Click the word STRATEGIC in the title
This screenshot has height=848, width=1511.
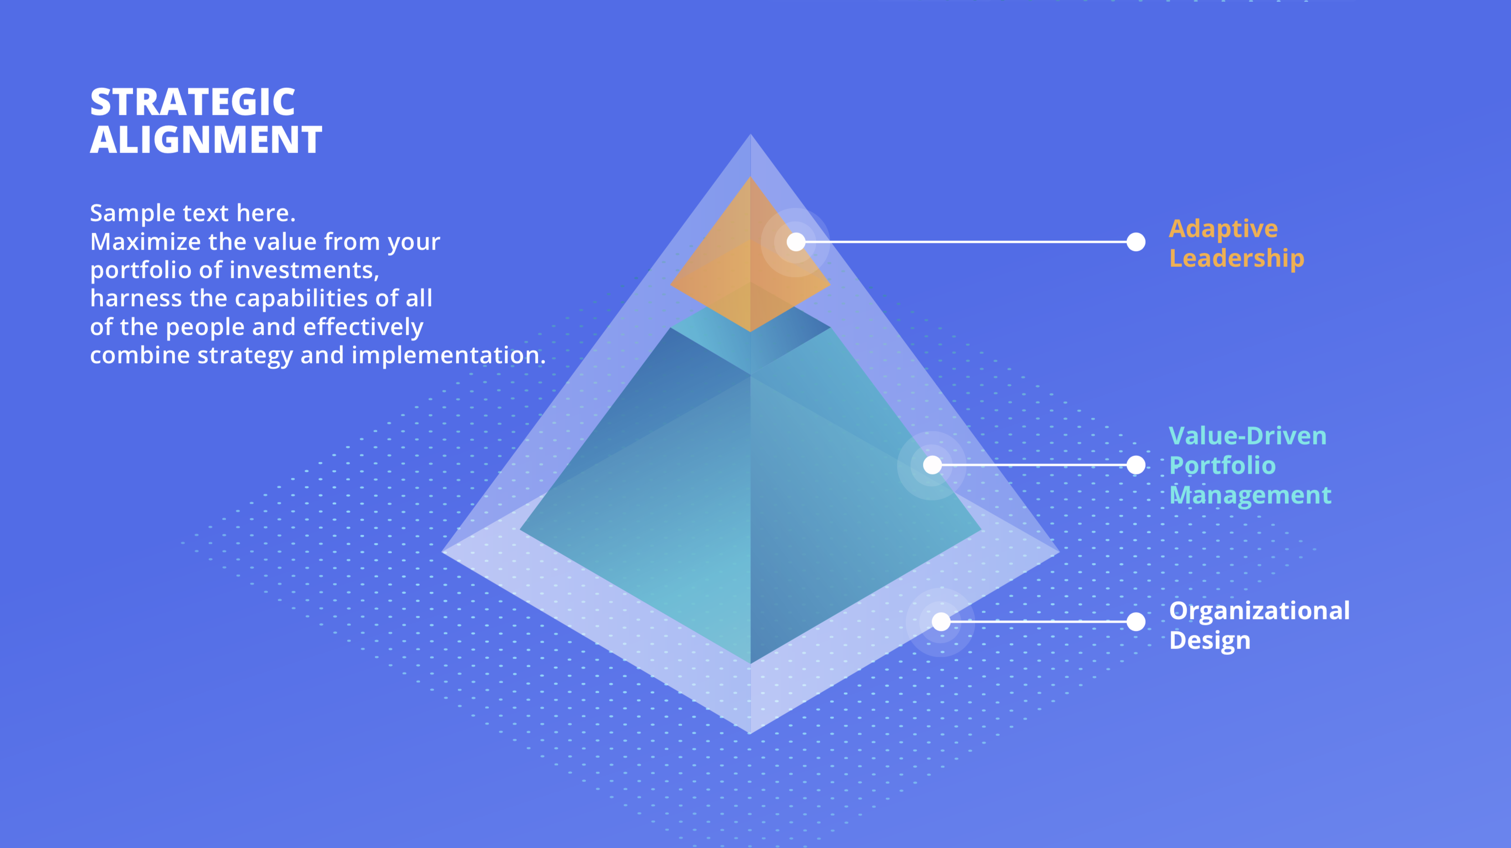tap(192, 102)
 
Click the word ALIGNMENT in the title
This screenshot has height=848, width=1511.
tap(206, 140)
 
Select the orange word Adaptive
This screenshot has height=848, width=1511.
tap(1223, 229)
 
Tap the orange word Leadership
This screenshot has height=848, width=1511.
tap(1237, 258)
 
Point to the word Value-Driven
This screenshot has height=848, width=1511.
tap(1247, 436)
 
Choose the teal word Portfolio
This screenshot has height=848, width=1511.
tap(1223, 465)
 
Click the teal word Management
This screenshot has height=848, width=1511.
tap(1250, 495)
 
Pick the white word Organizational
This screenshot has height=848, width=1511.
tap(1259, 610)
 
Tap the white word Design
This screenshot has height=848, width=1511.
tap(1209, 640)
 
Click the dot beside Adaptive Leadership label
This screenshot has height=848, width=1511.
tap(1136, 242)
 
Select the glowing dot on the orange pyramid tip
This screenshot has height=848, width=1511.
tap(796, 242)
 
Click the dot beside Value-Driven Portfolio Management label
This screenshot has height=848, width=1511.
tap(1136, 465)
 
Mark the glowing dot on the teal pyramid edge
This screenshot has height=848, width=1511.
tap(932, 465)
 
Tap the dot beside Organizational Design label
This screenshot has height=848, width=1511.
tap(1136, 622)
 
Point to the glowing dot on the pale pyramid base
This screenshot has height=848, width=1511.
tap(941, 622)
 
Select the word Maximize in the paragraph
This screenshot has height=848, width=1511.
tap(145, 242)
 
